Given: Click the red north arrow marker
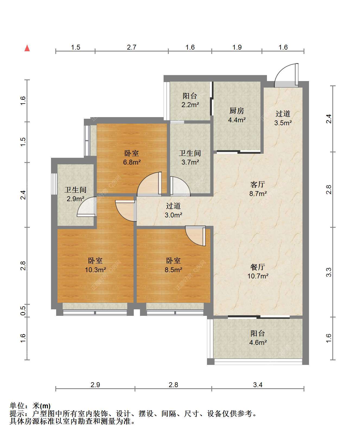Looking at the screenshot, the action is (27, 48).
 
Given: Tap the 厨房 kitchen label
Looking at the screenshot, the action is (237, 111).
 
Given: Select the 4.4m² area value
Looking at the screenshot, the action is (237, 120).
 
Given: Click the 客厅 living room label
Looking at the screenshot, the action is (257, 184).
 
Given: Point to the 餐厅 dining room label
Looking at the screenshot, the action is (257, 267).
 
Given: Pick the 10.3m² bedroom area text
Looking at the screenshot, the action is (95, 270).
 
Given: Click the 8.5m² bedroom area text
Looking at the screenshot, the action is (173, 270).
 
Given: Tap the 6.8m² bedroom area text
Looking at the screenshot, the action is (132, 162).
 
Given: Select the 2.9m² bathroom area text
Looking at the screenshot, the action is (75, 199).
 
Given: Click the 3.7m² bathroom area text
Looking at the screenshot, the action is (190, 162).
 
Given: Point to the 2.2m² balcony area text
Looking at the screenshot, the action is (190, 105).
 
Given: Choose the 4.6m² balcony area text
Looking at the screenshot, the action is (258, 342).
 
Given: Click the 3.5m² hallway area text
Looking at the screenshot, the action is (283, 123).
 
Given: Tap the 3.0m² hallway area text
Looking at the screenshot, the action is (173, 215).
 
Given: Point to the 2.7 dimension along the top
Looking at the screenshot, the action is (132, 47).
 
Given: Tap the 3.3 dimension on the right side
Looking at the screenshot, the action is (329, 272).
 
